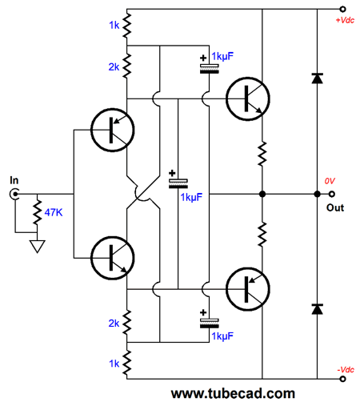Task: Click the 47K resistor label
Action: point(54,212)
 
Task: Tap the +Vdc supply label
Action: point(345,20)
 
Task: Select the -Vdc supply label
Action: point(346,370)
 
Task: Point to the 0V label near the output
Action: point(330,181)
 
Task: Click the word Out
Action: point(335,207)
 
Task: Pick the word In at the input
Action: point(14,180)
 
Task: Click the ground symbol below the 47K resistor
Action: point(37,246)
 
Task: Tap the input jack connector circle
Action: point(14,194)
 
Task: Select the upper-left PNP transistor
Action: point(112,130)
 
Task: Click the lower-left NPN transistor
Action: point(112,258)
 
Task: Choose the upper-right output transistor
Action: point(248,98)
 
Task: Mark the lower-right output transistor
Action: point(248,289)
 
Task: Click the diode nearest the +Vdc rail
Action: point(317,78)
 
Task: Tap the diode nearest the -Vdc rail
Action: point(317,309)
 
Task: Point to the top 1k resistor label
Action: point(114,26)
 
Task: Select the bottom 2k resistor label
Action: point(114,324)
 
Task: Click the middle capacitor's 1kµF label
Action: point(191,198)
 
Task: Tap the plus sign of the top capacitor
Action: point(203,58)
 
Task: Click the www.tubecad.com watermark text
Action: point(233,393)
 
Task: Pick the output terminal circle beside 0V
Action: point(331,194)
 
